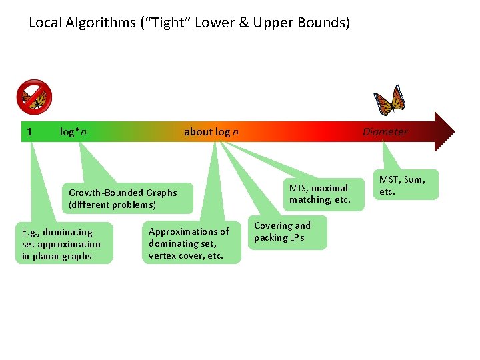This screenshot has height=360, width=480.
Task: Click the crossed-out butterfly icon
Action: (x=34, y=97)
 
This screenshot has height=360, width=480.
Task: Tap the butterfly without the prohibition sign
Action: (x=390, y=100)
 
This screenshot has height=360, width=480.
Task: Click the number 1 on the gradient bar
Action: (x=29, y=131)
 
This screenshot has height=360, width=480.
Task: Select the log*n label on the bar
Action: (x=73, y=131)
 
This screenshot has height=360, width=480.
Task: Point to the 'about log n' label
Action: (x=211, y=131)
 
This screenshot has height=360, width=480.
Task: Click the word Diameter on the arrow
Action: (x=385, y=131)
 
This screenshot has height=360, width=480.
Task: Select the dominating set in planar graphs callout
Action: (x=63, y=244)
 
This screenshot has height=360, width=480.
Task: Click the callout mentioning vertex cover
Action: (x=191, y=243)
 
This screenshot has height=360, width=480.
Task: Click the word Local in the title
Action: (x=44, y=23)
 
